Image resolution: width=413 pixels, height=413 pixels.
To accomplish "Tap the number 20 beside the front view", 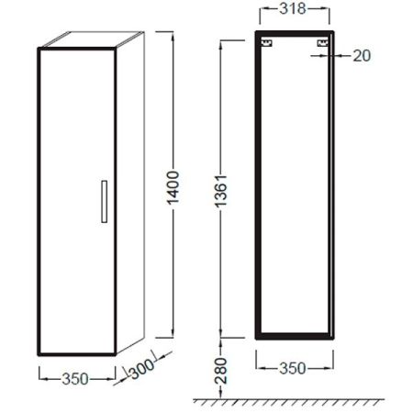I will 360,57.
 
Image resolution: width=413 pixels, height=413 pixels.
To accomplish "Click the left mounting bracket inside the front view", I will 267,42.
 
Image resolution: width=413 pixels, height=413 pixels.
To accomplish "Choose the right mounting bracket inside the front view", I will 321,42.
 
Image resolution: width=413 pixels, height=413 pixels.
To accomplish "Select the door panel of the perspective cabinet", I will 77,202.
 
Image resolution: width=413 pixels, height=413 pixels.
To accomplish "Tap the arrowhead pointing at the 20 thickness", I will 336,57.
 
